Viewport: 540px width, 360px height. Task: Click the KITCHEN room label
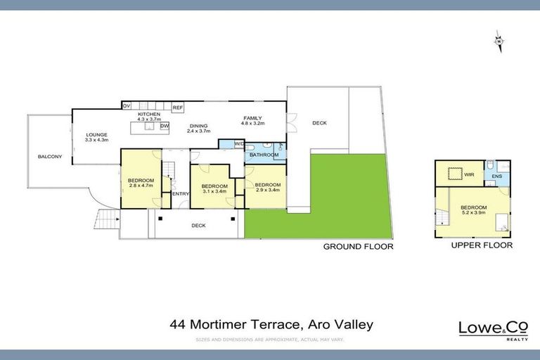click(x=148, y=114)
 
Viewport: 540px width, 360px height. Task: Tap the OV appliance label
click(x=127, y=106)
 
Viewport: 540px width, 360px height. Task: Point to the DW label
click(x=165, y=126)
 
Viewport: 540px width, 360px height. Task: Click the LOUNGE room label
click(x=96, y=134)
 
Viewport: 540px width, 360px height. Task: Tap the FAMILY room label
click(x=252, y=117)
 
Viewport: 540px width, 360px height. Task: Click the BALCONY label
click(x=51, y=156)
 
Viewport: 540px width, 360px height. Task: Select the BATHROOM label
click(x=264, y=154)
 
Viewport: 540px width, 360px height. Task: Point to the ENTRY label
click(x=181, y=193)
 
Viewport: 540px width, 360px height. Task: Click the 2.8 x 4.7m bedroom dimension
click(x=141, y=186)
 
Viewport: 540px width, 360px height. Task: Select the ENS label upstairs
click(x=496, y=176)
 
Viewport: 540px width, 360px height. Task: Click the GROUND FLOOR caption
click(x=358, y=247)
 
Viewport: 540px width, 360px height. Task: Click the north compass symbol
click(x=499, y=41)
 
